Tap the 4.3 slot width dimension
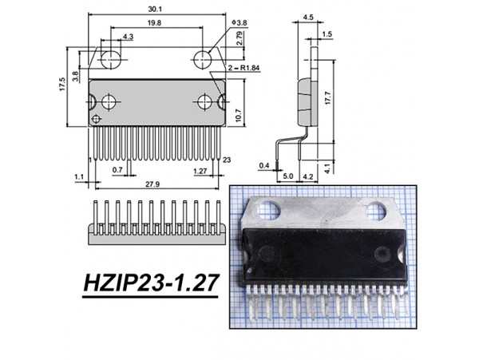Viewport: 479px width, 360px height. point(129,36)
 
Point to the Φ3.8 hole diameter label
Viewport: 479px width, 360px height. point(237,22)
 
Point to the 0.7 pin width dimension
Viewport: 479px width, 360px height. point(117,170)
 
